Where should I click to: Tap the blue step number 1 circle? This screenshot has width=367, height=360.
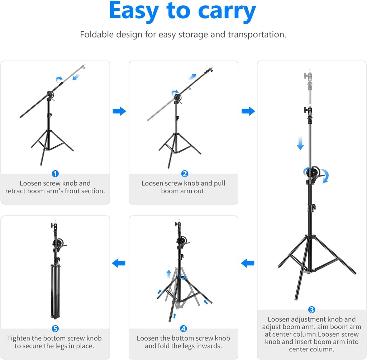point(55,174)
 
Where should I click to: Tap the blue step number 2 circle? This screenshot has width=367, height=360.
point(185,174)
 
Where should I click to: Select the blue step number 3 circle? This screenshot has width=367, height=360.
point(312,310)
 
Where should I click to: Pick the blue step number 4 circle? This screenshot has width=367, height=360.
point(183,328)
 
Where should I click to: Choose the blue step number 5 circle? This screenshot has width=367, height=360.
point(55,328)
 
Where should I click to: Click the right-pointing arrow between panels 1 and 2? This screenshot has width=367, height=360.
point(119,111)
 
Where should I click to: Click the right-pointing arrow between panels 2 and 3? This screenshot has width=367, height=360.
point(248,111)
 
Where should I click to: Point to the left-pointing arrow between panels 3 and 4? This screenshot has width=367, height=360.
point(247,264)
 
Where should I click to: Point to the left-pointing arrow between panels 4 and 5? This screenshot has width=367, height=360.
point(119,264)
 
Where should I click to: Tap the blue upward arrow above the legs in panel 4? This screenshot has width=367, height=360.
point(169,275)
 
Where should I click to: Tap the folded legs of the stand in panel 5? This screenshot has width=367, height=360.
point(55,290)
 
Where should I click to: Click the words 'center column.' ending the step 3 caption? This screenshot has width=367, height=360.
point(312,349)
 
